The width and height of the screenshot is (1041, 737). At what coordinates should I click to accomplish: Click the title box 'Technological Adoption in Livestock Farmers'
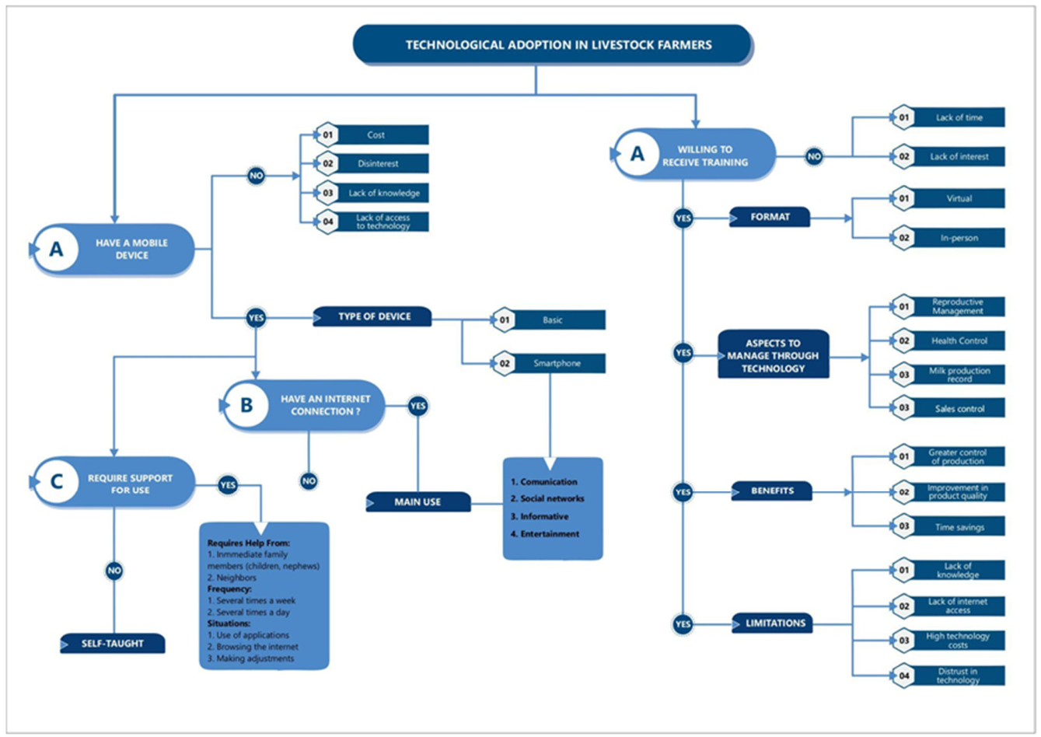tap(552, 44)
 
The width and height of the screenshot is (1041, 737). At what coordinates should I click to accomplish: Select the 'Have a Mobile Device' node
tap(114, 250)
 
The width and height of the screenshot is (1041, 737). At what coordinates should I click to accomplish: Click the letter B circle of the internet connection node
tap(246, 405)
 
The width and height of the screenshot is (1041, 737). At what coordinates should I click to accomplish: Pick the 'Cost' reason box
tap(372, 134)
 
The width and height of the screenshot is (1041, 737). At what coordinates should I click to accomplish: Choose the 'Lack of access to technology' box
tap(372, 222)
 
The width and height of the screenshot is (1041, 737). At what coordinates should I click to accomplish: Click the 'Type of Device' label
tap(372, 317)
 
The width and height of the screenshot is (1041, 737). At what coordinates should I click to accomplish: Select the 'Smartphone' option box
tap(549, 363)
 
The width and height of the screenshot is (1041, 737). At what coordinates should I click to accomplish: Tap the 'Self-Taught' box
tap(113, 644)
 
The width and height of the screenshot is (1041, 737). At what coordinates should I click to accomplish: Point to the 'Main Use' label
tap(418, 502)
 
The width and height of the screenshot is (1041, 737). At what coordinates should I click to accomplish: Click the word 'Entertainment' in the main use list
tap(550, 534)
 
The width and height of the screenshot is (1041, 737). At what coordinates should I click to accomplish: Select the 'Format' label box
tap(770, 217)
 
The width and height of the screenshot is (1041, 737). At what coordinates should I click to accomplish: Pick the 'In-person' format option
tap(948, 238)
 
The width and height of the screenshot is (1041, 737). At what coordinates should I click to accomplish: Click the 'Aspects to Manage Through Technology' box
tap(774, 355)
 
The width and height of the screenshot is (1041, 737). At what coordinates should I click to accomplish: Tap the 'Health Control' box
tap(948, 341)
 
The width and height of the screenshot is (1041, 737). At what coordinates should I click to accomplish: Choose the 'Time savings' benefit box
tap(948, 526)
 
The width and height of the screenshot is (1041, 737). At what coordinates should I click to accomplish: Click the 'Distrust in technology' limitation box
tap(948, 676)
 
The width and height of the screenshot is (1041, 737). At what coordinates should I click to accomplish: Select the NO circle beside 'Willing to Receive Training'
tap(814, 156)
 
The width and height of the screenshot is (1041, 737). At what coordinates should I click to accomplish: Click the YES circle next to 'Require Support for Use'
tap(228, 486)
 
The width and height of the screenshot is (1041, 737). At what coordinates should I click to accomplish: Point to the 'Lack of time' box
tap(948, 117)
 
